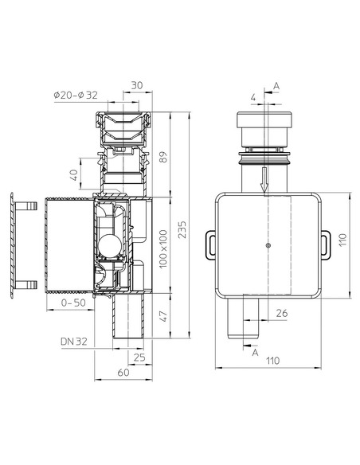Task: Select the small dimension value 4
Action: click(x=253, y=100)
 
